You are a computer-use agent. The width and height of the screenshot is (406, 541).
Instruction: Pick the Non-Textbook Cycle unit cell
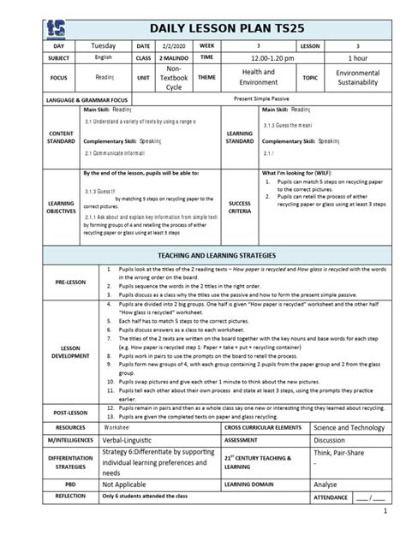point(173,78)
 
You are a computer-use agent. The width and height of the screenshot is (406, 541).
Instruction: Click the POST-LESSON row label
point(54,411)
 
